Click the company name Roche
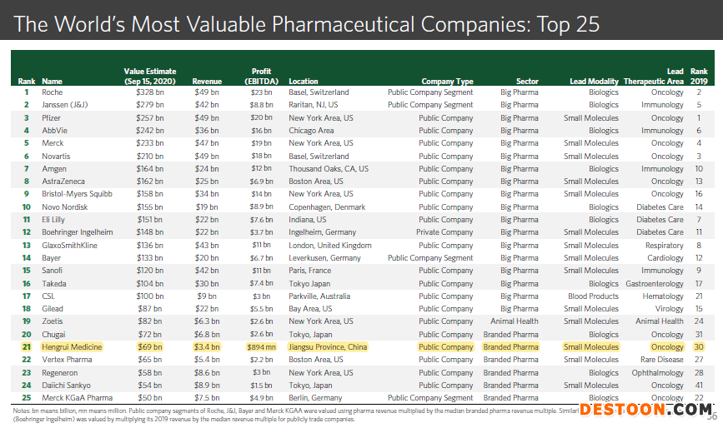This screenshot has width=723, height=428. point(52,92)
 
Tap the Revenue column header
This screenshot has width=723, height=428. point(206,82)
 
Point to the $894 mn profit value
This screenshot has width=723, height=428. point(260,347)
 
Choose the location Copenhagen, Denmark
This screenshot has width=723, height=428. point(327,207)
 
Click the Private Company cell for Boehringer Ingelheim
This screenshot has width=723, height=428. point(445,232)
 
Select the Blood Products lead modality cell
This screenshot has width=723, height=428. point(593,296)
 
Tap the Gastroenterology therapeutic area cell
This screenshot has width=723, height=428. point(655,284)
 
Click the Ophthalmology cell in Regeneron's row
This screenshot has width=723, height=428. point(658,373)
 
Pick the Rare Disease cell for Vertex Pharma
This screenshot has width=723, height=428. point(663,360)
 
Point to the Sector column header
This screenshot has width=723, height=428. point(527,82)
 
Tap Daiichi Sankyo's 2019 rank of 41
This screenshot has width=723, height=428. point(698,386)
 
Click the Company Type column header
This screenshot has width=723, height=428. point(447,82)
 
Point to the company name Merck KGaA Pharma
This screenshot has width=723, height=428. point(77,398)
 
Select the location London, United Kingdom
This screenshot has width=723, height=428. point(330,246)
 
